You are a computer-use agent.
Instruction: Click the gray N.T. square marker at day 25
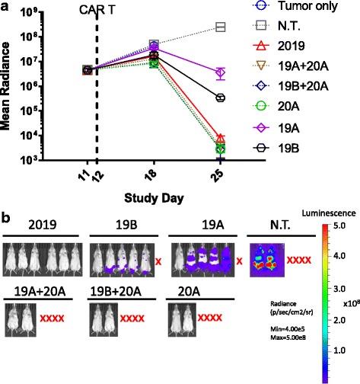click(x=221, y=27)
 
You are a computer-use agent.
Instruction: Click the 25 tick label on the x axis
click(x=221, y=177)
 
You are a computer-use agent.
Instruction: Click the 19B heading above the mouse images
click(x=123, y=228)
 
